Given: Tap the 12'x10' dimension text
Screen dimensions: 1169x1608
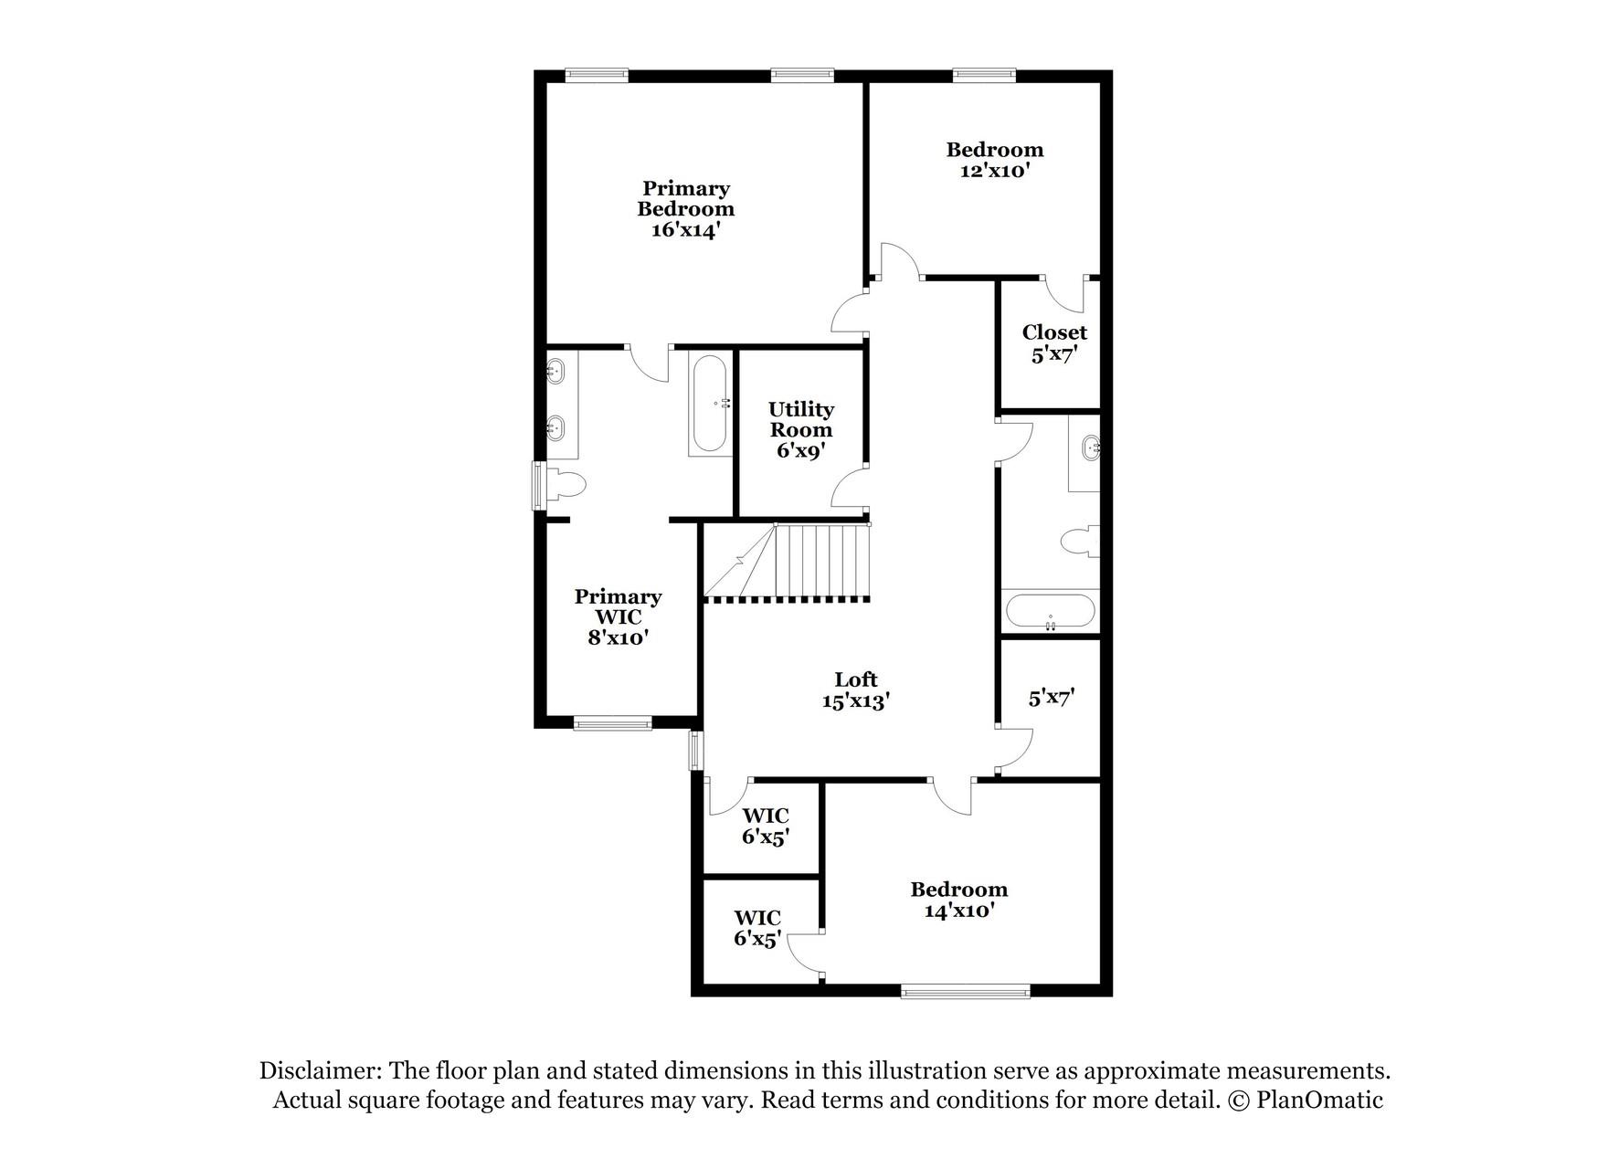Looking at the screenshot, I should tap(995, 171).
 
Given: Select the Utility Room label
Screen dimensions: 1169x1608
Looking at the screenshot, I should tap(801, 419).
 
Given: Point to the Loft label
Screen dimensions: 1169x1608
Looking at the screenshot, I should tap(855, 679).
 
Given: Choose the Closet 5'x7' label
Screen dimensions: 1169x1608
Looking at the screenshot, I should tap(1054, 343).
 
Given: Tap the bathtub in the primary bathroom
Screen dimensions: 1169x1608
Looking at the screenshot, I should tap(710, 404).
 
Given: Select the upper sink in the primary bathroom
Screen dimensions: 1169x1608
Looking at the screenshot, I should tap(555, 371).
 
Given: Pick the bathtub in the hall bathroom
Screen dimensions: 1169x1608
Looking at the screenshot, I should tap(1050, 611).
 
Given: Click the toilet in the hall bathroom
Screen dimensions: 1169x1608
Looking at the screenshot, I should tap(1081, 541).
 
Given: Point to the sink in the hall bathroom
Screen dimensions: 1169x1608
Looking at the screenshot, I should tap(1091, 448).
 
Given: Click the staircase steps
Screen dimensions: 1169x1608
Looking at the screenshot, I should tap(820, 560).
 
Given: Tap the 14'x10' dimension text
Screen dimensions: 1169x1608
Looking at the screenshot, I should tap(958, 911).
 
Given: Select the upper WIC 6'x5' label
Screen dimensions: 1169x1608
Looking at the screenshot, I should tap(765, 826).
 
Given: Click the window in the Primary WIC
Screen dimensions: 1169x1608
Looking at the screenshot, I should tap(613, 725).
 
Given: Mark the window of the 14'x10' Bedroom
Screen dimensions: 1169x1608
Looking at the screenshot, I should tap(965, 991).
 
